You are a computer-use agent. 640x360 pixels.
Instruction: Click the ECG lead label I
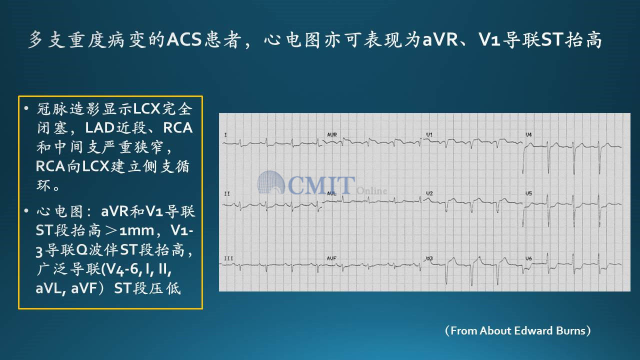click(x=225, y=134)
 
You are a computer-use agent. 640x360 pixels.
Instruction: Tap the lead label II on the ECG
click(x=227, y=193)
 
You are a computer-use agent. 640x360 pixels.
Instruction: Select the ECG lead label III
click(x=228, y=258)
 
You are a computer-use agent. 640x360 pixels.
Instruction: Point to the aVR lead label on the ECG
click(x=331, y=134)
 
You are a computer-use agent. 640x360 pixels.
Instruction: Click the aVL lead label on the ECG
click(x=331, y=193)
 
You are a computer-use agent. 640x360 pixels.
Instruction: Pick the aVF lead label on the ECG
click(x=331, y=258)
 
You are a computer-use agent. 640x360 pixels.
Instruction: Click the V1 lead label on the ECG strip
click(x=429, y=134)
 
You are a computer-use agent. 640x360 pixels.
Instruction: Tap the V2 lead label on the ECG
click(x=429, y=193)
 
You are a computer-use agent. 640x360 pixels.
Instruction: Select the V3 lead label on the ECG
click(x=429, y=258)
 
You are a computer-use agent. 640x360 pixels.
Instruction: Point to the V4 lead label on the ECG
click(x=529, y=134)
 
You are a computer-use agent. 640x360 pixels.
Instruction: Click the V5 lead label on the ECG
click(x=529, y=193)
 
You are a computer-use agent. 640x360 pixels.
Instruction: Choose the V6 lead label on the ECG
click(x=529, y=258)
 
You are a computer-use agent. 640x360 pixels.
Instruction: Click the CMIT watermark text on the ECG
click(x=321, y=185)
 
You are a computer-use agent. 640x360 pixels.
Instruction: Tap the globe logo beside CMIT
click(x=271, y=182)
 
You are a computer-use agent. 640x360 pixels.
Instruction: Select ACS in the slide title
click(x=184, y=39)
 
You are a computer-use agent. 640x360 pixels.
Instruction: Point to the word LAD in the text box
click(x=99, y=127)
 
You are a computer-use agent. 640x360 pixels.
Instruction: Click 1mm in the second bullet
click(x=136, y=230)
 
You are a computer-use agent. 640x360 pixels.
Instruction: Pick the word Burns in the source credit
click(x=570, y=330)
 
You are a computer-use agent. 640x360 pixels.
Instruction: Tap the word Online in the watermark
click(x=371, y=190)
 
